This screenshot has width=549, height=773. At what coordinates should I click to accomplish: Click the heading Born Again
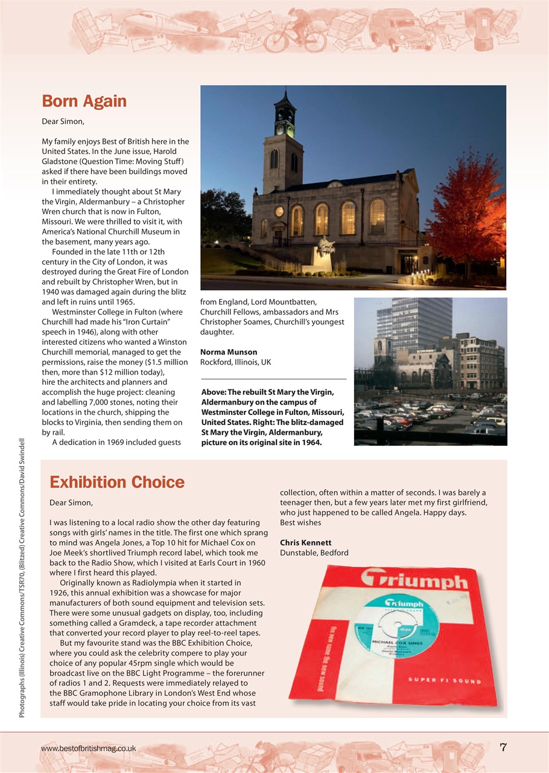pyautogui.click(x=84, y=101)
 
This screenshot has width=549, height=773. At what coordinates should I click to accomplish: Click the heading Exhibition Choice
pyautogui.click(x=116, y=482)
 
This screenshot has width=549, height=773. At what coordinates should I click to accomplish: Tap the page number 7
pyautogui.click(x=503, y=748)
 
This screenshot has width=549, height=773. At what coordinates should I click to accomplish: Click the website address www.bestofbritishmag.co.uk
pyautogui.click(x=88, y=748)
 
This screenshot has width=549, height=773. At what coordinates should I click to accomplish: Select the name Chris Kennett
pyautogui.click(x=305, y=542)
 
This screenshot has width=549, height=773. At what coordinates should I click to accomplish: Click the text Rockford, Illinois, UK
pyautogui.click(x=235, y=362)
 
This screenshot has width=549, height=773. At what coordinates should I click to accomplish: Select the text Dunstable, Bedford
pyautogui.click(x=314, y=553)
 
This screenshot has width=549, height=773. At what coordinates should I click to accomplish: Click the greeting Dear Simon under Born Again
pyautogui.click(x=63, y=121)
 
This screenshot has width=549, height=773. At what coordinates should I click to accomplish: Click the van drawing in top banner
pyautogui.click(x=395, y=30)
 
